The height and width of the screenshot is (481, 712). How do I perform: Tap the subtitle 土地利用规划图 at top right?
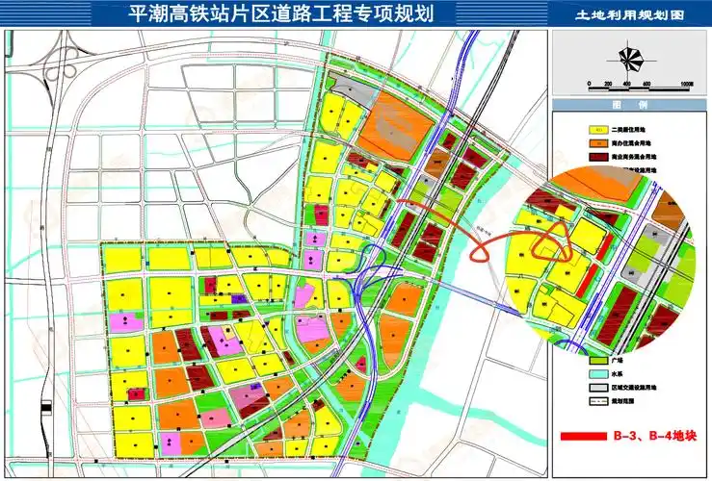pyautogui.click(x=629, y=15)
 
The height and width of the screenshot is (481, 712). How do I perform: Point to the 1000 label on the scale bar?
pyautogui.click(x=686, y=85)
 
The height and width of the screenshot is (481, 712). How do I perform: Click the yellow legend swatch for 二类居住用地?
pyautogui.click(x=597, y=129)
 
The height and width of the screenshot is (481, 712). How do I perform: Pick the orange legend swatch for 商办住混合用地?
pyautogui.click(x=597, y=142)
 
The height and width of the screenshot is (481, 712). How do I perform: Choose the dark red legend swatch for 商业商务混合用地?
pyautogui.click(x=597, y=156)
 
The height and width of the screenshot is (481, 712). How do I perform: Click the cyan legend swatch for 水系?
pyautogui.click(x=597, y=373)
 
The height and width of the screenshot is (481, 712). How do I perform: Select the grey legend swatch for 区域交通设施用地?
pyautogui.click(x=597, y=387)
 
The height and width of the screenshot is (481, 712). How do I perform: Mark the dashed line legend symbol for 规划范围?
pyautogui.click(x=597, y=401)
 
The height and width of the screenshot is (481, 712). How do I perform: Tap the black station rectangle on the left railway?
pyautogui.click(x=45, y=411)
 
